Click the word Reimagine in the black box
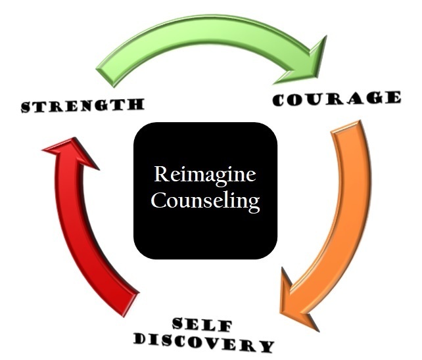pos(204,175)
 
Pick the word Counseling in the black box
pos(205,200)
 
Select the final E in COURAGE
pos(393,98)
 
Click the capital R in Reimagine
pos(160,175)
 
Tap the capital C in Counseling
pos(157,200)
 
